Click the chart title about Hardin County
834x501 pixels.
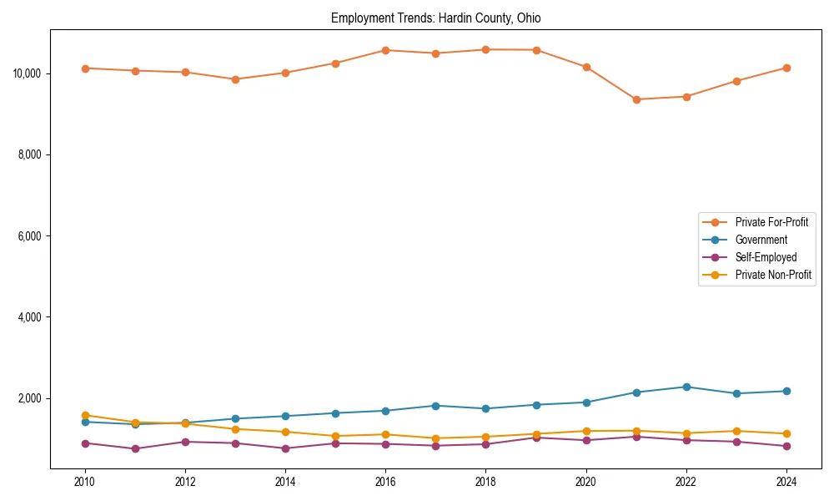tap(435, 18)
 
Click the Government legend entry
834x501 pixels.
tap(761, 240)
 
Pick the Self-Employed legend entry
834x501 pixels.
tap(766, 257)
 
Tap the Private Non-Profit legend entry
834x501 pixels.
tap(773, 275)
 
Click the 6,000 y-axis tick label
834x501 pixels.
tap(29, 236)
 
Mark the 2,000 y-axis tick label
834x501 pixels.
tap(29, 398)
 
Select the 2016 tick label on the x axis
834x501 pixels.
tap(385, 482)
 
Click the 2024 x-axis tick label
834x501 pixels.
tap(786, 482)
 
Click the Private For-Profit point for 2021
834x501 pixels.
tap(636, 99)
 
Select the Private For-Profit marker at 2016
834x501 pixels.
tap(385, 50)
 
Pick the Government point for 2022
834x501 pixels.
tap(686, 387)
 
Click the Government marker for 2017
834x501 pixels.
tap(435, 406)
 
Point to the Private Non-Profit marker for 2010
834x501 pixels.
tap(85, 415)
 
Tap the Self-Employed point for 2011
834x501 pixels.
tap(135, 448)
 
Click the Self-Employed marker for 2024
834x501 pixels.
tap(786, 446)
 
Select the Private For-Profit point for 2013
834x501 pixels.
tap(235, 79)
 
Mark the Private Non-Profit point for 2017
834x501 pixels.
tap(435, 438)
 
